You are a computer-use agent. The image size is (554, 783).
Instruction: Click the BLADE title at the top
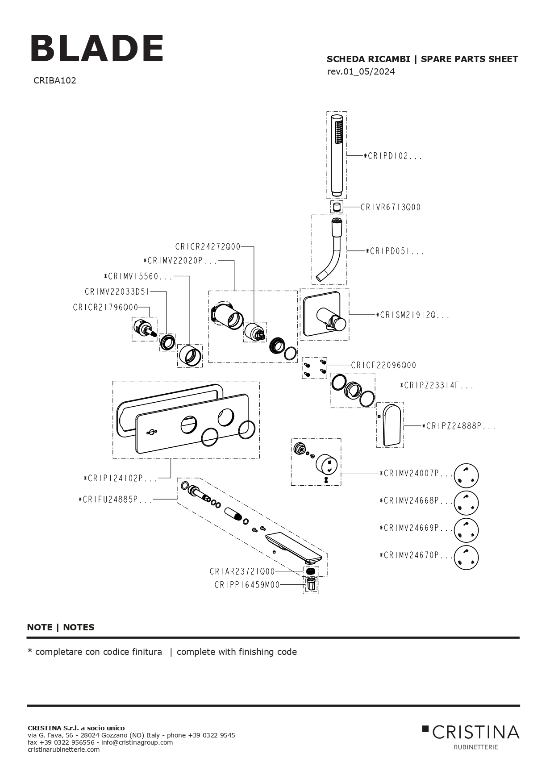pos(97,49)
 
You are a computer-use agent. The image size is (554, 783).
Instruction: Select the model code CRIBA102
pos(54,81)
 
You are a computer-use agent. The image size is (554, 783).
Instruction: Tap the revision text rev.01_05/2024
pos(361,72)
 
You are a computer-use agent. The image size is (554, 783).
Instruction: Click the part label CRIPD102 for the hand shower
pos(392,156)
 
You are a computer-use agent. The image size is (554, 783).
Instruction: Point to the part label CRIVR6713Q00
pos(391,207)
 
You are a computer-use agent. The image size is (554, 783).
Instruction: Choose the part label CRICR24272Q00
pos(208,247)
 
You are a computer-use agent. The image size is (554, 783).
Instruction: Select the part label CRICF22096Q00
pos(383,365)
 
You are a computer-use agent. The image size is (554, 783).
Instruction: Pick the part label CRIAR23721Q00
pos(242,572)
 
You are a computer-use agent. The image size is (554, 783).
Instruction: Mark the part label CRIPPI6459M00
pos(247,585)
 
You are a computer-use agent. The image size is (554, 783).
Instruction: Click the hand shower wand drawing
pos(337,154)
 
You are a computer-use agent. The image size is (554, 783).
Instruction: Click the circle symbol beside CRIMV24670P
pos(466,557)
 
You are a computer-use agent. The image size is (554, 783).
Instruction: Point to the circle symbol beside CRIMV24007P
pos(466,475)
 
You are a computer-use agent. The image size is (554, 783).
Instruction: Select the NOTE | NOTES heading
pos(61,627)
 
